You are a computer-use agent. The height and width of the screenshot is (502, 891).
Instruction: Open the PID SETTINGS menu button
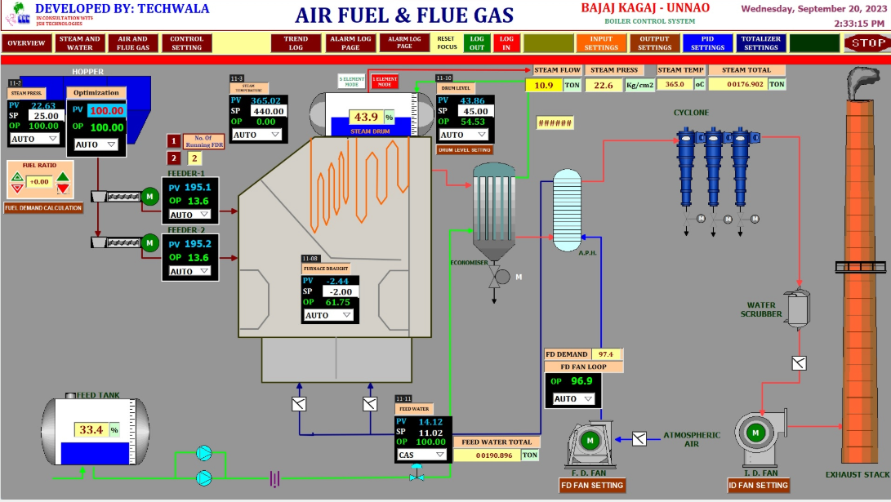point(707,43)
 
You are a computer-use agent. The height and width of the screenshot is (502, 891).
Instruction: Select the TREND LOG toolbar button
point(296,43)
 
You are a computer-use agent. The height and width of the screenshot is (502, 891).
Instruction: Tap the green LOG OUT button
point(477,43)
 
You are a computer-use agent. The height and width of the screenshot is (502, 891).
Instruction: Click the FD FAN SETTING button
point(592,485)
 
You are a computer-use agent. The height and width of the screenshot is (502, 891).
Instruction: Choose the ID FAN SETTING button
point(759,485)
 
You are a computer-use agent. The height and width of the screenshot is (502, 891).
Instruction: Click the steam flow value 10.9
point(544,85)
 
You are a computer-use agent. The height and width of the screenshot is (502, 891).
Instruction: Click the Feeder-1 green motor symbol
point(150,196)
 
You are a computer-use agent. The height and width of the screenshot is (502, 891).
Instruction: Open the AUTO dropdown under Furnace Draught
point(329,315)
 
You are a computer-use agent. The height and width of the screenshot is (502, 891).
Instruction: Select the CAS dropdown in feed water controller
point(421,455)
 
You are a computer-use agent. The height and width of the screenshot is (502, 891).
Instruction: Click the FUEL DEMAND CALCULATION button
point(43,208)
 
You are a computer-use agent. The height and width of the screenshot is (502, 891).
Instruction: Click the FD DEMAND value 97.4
point(605,354)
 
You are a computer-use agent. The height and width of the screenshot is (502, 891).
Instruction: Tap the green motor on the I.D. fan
point(755,432)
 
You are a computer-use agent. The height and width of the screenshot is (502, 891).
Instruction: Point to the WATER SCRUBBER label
point(761,309)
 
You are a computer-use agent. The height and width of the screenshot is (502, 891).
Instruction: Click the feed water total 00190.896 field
point(487,455)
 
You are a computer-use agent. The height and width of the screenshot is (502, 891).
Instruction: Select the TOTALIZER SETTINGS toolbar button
point(760,43)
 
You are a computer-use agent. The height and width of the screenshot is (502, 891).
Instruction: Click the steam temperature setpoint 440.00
point(267,111)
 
